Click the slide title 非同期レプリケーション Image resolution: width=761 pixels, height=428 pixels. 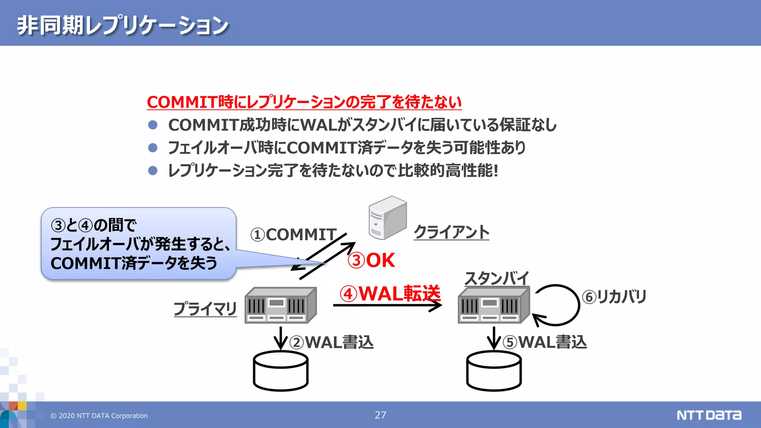pyautogui.click(x=123, y=25)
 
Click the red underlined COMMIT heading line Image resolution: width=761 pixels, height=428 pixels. pyautogui.click(x=304, y=102)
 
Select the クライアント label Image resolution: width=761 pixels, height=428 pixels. pyautogui.click(x=451, y=232)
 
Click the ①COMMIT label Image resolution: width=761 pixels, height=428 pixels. pyautogui.click(x=294, y=235)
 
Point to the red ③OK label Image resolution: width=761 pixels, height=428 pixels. pyautogui.click(x=371, y=260)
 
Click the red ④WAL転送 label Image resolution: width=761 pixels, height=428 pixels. pyautogui.click(x=390, y=294)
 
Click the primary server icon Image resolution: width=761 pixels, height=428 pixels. pyautogui.click(x=281, y=305)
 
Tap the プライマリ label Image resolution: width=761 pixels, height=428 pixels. pyautogui.click(x=205, y=309)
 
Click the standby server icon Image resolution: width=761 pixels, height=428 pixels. pyautogui.click(x=493, y=305)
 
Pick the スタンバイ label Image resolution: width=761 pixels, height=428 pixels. pyautogui.click(x=497, y=278)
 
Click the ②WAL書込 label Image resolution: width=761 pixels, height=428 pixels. pyautogui.click(x=331, y=342)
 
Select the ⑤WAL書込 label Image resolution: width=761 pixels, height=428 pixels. pyautogui.click(x=545, y=342)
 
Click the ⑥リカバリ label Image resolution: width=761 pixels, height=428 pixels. pyautogui.click(x=614, y=296)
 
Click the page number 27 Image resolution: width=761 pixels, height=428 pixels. pyautogui.click(x=380, y=415)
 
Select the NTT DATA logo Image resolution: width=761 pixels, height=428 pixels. pyautogui.click(x=709, y=415)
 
